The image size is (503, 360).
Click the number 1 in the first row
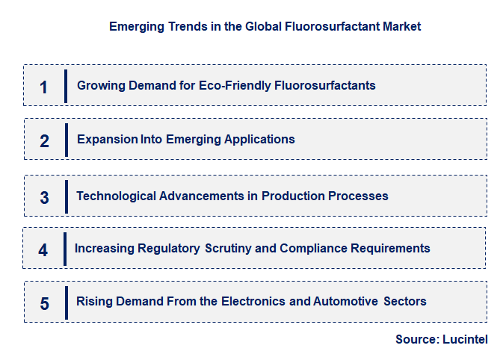43,87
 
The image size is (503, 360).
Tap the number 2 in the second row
44,140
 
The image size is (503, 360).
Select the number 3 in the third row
44,198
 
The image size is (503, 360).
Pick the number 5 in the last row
44,304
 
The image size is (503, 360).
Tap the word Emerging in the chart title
133,26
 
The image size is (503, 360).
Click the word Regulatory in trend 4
169,248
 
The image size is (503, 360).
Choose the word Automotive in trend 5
344,301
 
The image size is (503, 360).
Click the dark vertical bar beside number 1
66,85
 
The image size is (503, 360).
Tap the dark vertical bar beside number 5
66,302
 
